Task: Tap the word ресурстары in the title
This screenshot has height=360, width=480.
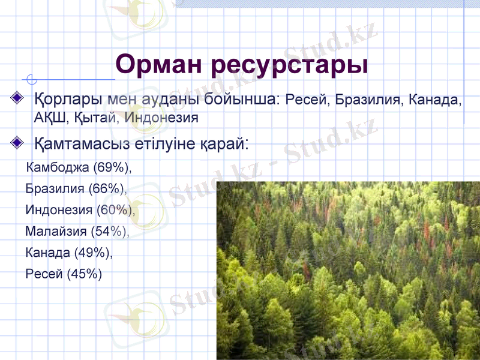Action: [x=292, y=64]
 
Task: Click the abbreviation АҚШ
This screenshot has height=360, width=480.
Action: [x=46, y=117]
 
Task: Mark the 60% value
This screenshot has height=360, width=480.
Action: [x=115, y=210]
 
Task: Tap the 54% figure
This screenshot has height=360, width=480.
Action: [x=109, y=231]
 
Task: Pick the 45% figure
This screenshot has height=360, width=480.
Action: [x=85, y=274]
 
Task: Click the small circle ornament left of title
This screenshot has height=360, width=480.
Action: [x=32, y=79]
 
